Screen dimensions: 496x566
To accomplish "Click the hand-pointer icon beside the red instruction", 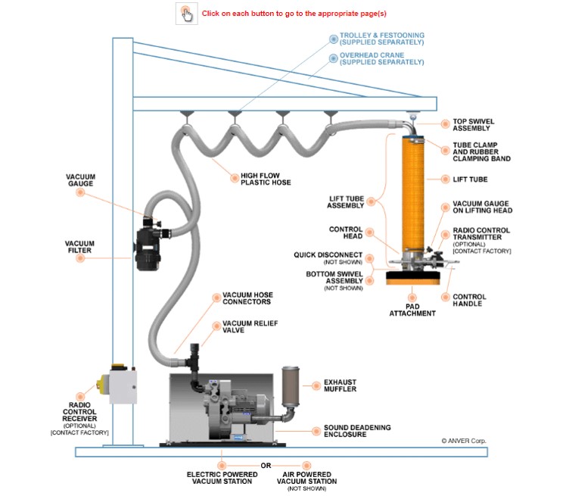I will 186,14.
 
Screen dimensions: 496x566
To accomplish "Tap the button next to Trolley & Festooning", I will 332,39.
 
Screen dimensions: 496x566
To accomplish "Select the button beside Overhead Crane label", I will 332,58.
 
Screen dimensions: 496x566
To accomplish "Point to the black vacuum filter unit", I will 151,245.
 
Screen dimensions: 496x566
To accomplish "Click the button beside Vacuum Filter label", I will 79,259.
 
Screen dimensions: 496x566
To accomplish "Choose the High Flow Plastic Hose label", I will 265,179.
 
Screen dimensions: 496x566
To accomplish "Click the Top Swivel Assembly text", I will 470,124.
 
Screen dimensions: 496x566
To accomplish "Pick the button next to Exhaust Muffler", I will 314,385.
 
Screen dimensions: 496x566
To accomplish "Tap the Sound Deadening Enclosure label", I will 357,431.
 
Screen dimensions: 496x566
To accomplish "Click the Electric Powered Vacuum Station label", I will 222,477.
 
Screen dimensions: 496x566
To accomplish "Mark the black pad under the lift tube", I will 412,277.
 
